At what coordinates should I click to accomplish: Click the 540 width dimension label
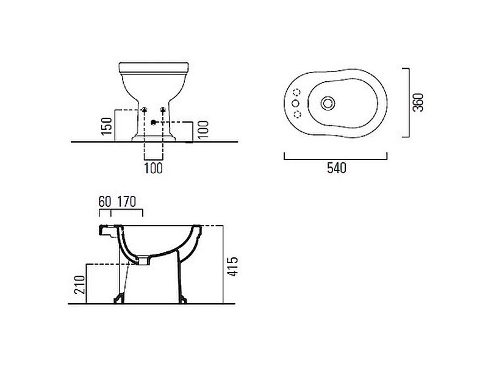click(x=337, y=168)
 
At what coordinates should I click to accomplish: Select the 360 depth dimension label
click(x=418, y=102)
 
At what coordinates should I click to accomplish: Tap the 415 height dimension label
click(x=232, y=267)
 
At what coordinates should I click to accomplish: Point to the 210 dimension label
click(x=80, y=285)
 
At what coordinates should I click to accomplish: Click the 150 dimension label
click(x=107, y=126)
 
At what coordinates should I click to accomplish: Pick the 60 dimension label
click(x=104, y=202)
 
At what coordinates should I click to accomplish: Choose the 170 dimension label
click(x=127, y=202)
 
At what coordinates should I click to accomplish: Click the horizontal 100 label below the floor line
click(x=154, y=168)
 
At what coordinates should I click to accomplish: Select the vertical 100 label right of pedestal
click(x=203, y=130)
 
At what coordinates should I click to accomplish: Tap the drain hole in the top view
click(x=328, y=103)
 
